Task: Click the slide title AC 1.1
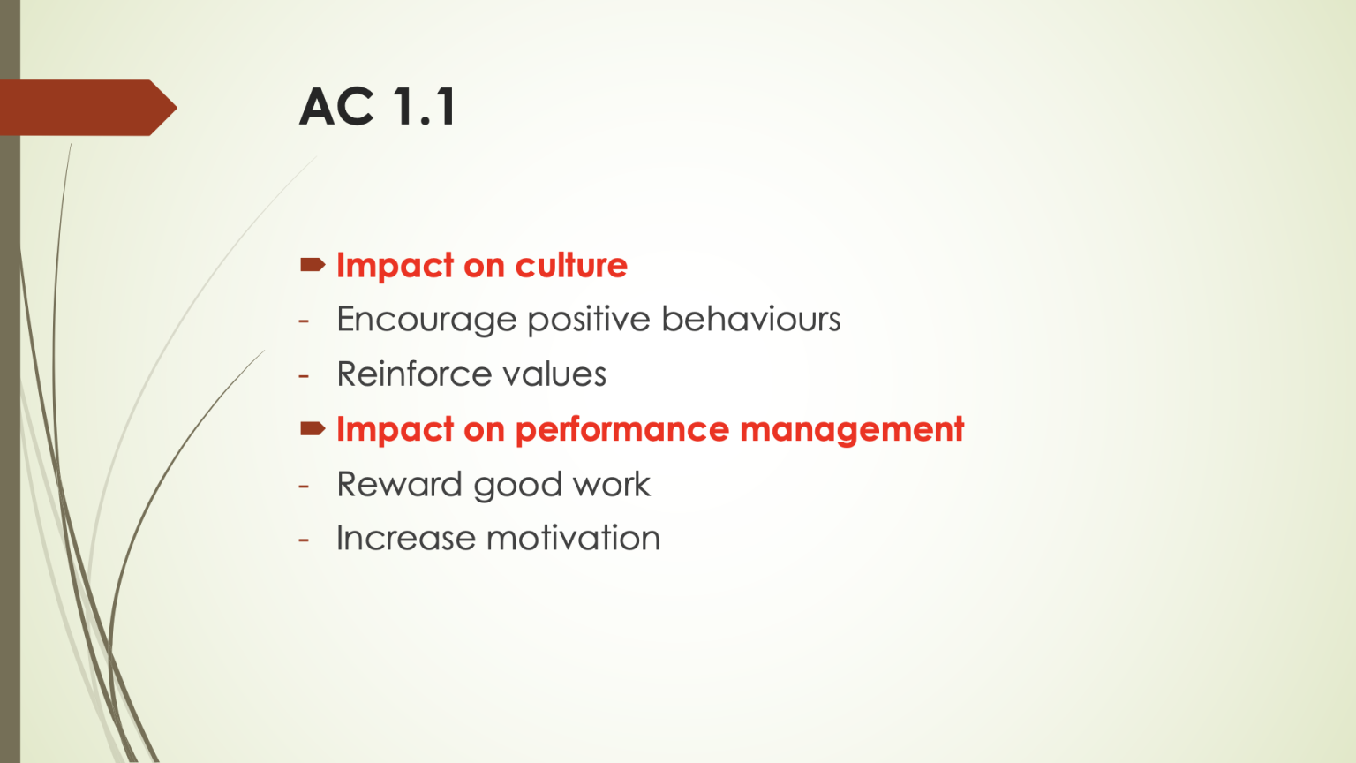tap(378, 107)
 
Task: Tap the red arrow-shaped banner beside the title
tap(88, 108)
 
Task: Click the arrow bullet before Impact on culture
tap(313, 264)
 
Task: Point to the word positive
tap(588, 320)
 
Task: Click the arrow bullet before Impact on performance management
tap(313, 429)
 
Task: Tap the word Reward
tap(399, 484)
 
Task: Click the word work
tap(611, 484)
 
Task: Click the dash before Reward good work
tap(304, 486)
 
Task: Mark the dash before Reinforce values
tap(304, 376)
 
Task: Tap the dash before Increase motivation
tap(304, 540)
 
